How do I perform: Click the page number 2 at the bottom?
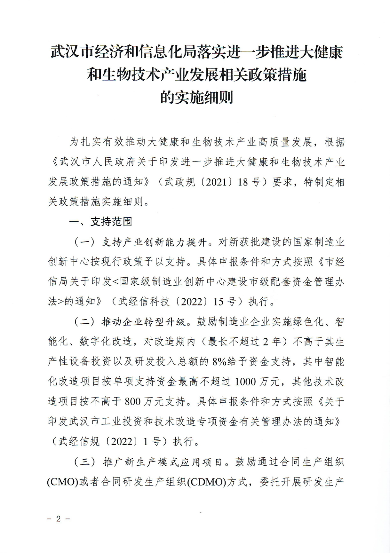point(58,519)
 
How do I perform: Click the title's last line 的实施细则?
point(196,97)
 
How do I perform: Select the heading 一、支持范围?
point(100,222)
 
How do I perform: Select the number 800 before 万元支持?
point(134,402)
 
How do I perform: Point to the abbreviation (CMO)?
point(62,482)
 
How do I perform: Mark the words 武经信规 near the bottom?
point(79,441)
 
